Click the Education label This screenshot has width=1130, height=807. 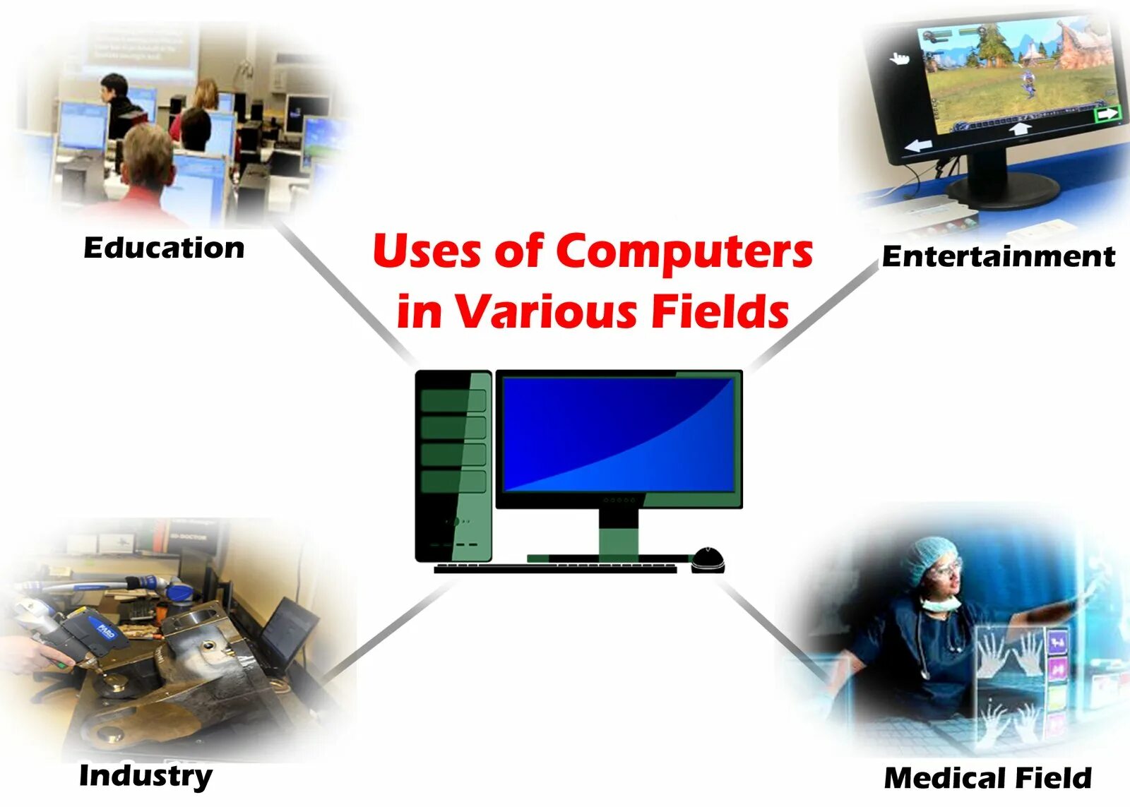(164, 248)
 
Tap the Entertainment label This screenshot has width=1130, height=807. (998, 256)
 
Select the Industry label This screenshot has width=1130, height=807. (145, 776)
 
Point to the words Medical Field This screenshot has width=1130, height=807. (987, 778)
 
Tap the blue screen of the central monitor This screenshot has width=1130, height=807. (619, 434)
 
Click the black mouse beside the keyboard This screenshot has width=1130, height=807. (708, 559)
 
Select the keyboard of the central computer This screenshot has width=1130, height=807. (555, 568)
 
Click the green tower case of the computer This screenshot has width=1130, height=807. (453, 466)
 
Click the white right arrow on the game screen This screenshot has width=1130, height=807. (1107, 113)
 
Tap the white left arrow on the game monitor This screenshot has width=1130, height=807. (918, 146)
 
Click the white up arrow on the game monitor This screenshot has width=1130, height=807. (1020, 129)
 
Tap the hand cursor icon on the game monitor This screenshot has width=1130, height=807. (899, 58)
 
